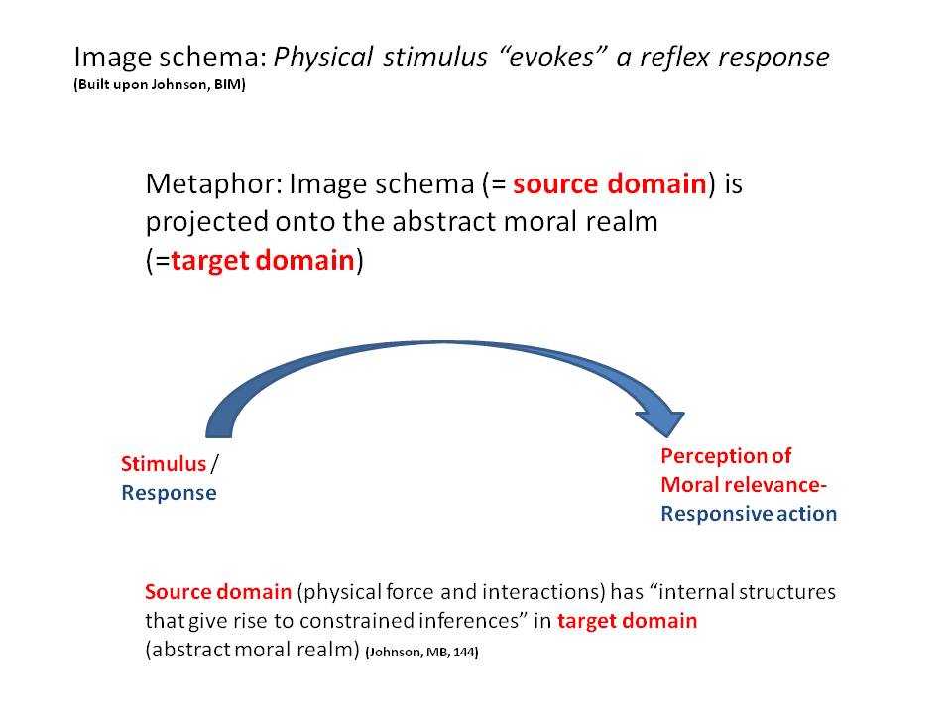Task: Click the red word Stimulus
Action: point(164,464)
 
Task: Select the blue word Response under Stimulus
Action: point(169,493)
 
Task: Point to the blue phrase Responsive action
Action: point(749,514)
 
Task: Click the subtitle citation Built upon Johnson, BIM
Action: point(159,85)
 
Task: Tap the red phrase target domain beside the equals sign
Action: point(263,261)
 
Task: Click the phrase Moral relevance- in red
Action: point(744,485)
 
